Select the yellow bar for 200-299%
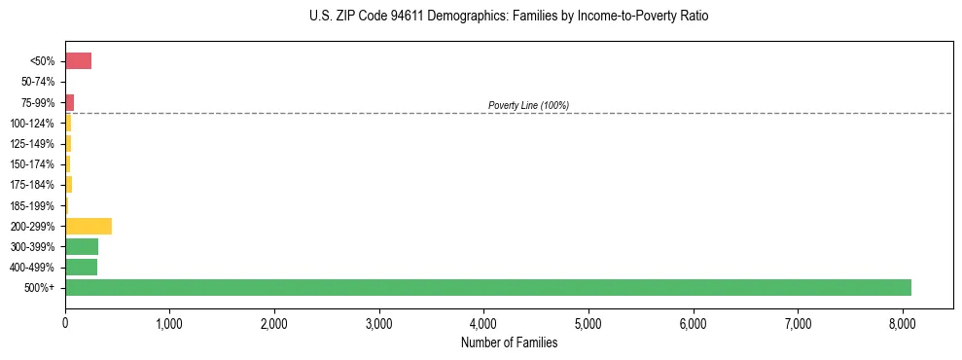coord(89,226)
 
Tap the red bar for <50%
coord(78,61)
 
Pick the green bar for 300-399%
coord(82,246)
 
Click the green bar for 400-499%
coord(82,267)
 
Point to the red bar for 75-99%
coord(70,102)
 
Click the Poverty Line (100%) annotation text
coord(528,105)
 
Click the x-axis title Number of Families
coord(509,342)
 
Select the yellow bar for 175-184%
coord(69,185)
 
